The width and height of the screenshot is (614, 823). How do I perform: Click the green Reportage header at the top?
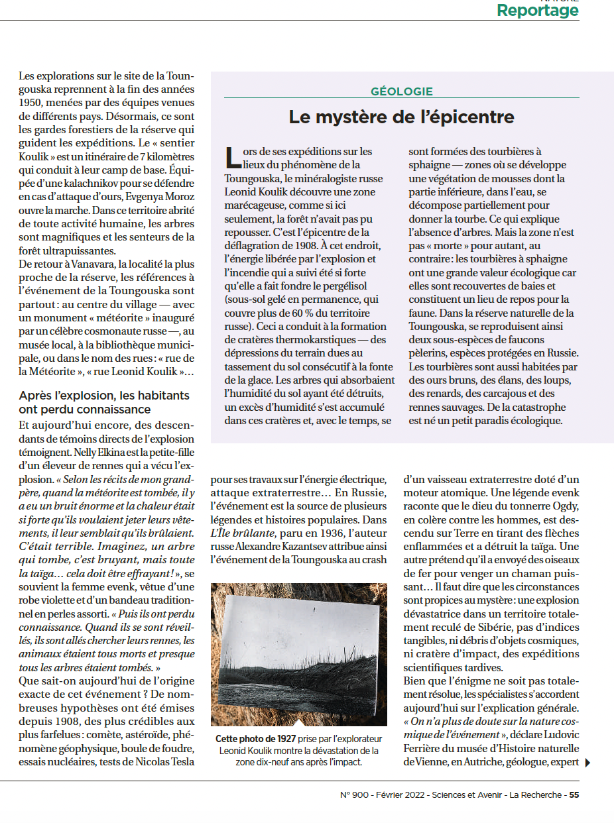(x=537, y=11)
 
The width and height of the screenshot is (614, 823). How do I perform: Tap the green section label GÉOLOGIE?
(x=402, y=92)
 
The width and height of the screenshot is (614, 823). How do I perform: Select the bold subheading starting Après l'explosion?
(x=104, y=402)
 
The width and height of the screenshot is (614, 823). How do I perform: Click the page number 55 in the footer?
(x=574, y=796)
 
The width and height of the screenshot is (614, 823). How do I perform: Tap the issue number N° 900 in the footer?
(x=354, y=796)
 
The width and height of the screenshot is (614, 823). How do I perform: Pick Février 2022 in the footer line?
(x=400, y=796)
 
